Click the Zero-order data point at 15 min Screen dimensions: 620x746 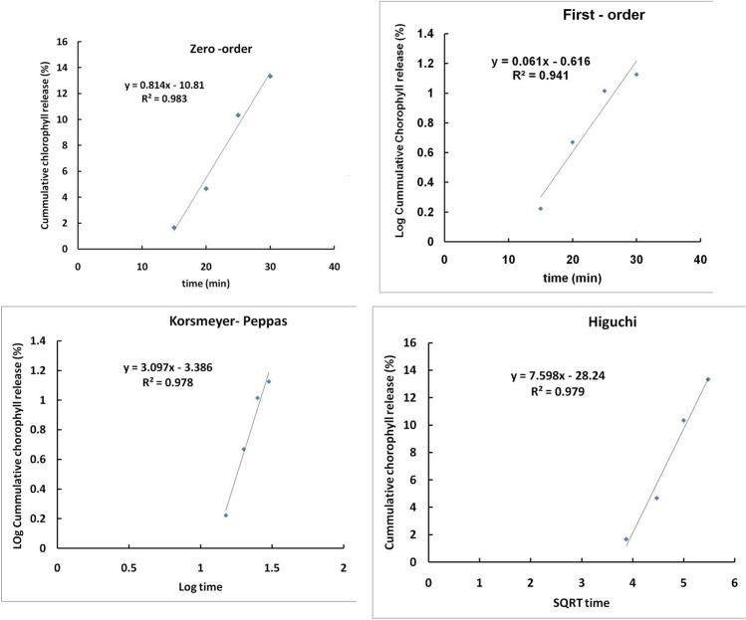174,228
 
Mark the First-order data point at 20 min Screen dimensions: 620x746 572,142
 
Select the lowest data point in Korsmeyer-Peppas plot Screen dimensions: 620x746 226,516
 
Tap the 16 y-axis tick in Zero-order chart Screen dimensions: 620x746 62,42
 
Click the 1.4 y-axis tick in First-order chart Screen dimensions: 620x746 425,34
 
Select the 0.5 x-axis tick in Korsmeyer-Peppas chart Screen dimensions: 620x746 128,567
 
